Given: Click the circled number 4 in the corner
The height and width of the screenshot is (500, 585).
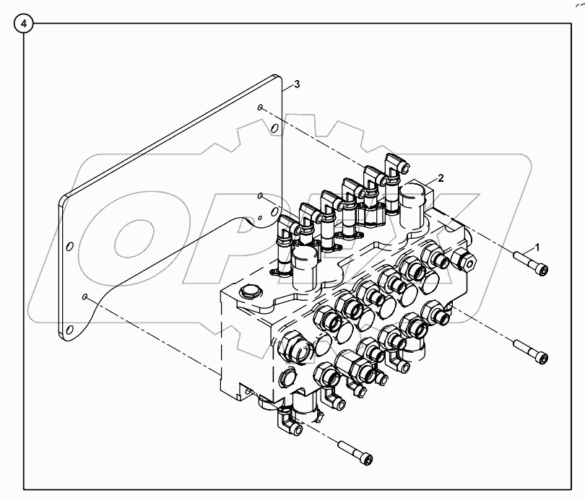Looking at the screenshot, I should tap(24, 24).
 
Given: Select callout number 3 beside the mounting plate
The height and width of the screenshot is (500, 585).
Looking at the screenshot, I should tap(297, 84).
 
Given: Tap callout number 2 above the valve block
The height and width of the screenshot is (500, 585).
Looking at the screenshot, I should tap(441, 178).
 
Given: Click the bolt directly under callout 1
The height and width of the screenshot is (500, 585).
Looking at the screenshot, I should tap(530, 266).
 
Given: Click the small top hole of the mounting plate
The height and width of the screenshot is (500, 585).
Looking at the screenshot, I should tap(259, 108).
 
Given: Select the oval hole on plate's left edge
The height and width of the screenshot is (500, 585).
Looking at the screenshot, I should tap(69, 247).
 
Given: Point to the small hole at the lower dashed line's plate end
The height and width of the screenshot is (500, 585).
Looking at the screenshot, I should tap(86, 296).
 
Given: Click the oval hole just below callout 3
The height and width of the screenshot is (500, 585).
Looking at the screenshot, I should tap(273, 130).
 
